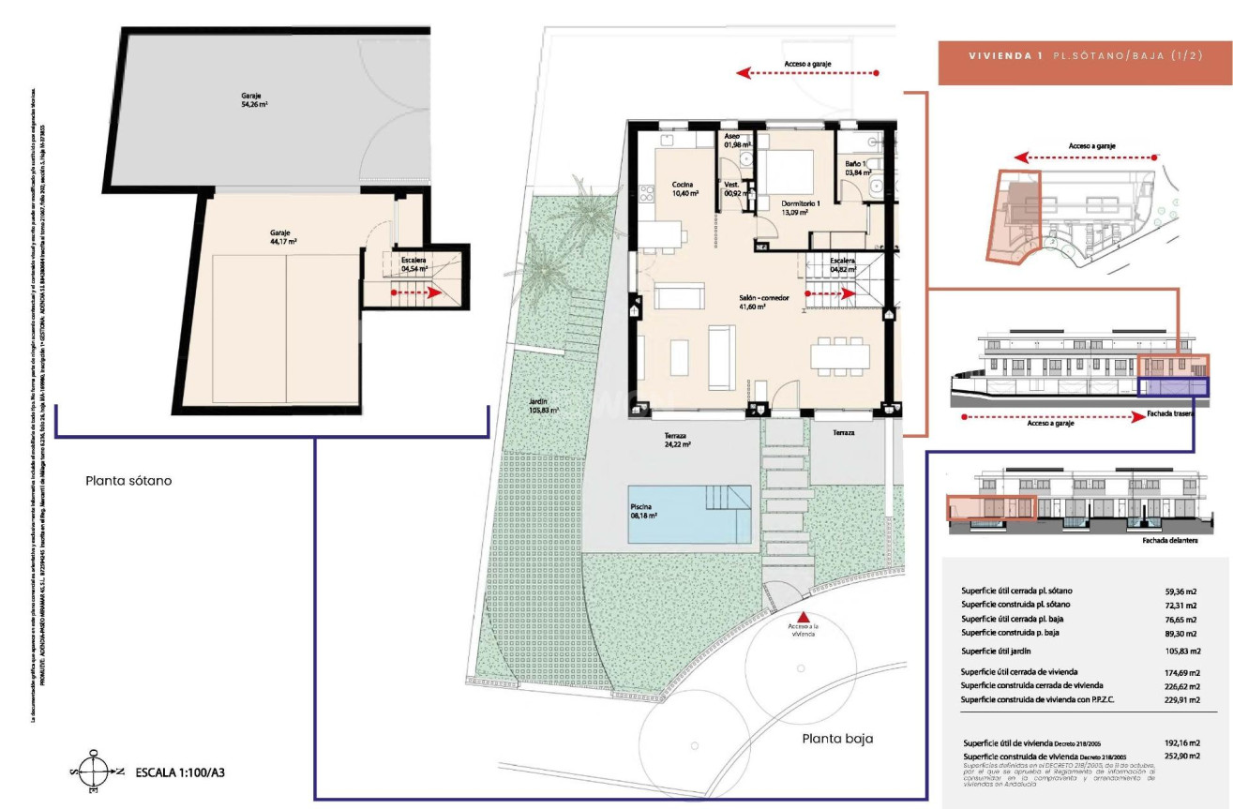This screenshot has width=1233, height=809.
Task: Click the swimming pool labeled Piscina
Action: coord(690,514)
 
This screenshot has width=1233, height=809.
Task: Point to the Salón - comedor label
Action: coord(764,302)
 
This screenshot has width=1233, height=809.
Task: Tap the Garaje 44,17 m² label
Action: coord(282,237)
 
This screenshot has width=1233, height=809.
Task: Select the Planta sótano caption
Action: coord(128,481)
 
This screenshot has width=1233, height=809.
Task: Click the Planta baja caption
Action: coord(837,739)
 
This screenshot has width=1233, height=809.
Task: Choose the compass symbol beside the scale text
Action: coord(93,772)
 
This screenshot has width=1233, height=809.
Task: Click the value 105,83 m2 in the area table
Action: coord(1182,651)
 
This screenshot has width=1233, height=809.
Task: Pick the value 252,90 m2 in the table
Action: coord(1182,756)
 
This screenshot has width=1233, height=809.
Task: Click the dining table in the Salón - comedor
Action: coord(840,355)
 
